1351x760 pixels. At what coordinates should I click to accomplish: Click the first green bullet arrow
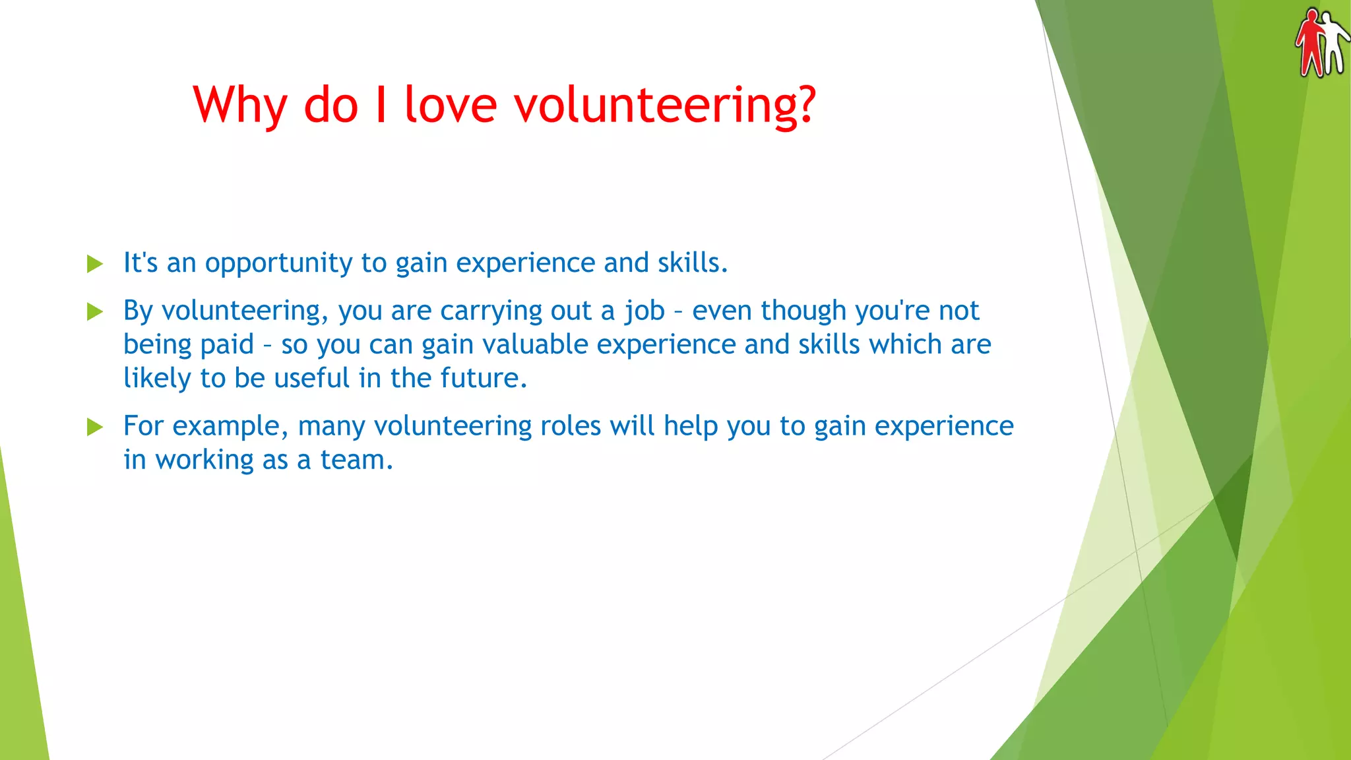[x=95, y=264]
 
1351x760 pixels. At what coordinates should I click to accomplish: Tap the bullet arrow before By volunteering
[x=95, y=311]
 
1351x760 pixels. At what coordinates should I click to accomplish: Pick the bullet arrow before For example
[x=95, y=427]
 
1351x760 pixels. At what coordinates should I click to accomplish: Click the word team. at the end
[x=356, y=460]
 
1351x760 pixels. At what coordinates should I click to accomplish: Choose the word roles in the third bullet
[x=571, y=426]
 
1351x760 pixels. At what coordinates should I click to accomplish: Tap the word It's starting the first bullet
[x=141, y=263]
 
